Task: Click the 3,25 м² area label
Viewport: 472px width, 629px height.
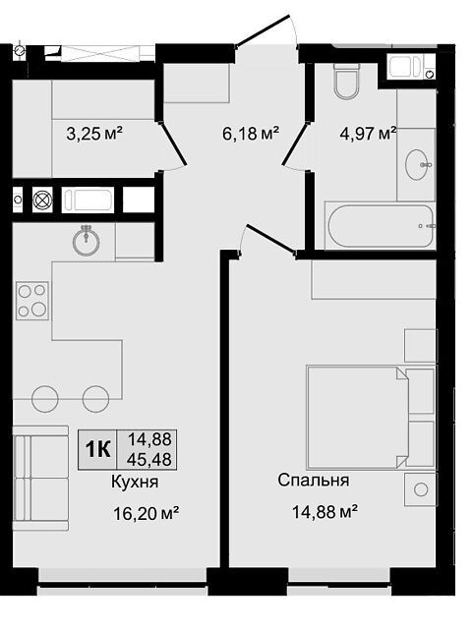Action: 94,134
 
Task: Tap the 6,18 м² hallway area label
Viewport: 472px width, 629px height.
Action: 251,134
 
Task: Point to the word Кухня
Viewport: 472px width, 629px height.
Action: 135,482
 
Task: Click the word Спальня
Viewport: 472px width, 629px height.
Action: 314,480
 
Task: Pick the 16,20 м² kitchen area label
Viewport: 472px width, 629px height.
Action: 147,513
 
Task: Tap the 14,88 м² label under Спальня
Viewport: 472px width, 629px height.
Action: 325,512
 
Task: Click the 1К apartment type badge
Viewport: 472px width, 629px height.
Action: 97,450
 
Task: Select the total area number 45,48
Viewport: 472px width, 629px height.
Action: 148,459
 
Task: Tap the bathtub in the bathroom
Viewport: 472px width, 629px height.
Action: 381,226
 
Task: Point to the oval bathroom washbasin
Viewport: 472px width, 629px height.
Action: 418,164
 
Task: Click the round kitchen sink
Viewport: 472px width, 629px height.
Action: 87,241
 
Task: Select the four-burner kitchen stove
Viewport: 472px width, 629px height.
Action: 32,301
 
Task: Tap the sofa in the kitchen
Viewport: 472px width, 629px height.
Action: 40,479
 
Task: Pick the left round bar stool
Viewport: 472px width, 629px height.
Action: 45,399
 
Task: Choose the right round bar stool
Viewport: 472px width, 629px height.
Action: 96,399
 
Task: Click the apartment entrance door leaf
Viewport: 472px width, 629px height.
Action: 262,30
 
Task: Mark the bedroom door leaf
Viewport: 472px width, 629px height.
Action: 271,239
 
